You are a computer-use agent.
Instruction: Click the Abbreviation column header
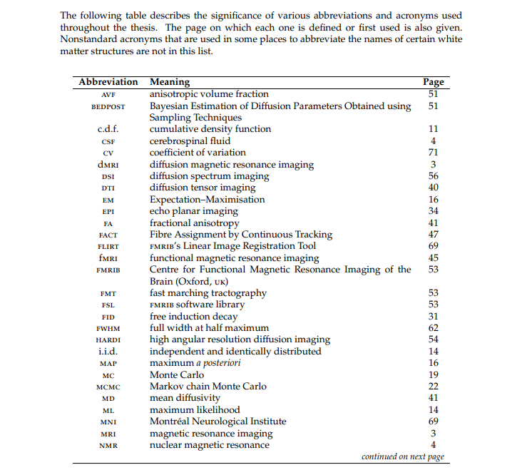point(108,82)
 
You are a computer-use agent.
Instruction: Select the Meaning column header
point(170,82)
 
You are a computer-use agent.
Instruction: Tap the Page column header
point(433,82)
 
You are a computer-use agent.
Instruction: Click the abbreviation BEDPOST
point(108,106)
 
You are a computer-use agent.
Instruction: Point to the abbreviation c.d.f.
point(108,129)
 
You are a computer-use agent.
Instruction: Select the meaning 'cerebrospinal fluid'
point(190,141)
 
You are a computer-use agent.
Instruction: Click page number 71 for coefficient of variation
point(433,153)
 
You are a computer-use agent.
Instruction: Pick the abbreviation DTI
point(108,188)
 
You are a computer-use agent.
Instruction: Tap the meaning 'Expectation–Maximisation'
point(207,200)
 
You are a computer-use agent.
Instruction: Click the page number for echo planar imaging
point(433,211)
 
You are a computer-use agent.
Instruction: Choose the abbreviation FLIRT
point(108,247)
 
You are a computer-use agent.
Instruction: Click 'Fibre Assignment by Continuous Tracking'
point(241,235)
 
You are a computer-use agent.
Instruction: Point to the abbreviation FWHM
point(108,329)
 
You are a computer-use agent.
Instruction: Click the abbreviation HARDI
point(108,340)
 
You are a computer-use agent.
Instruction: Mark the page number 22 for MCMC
point(433,387)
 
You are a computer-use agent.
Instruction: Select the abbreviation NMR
point(108,446)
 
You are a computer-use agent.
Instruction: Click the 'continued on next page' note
point(403,456)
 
